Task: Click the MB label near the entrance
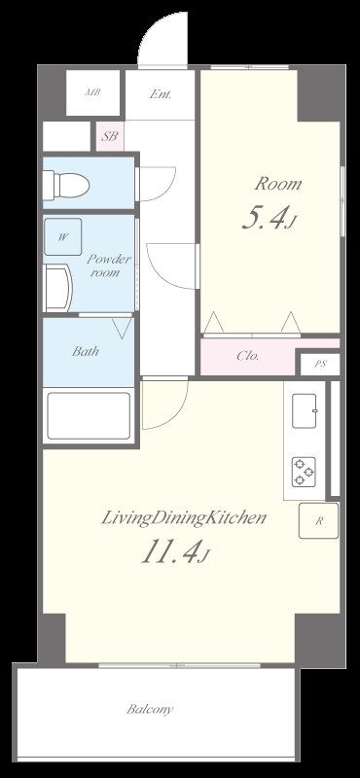[x=92, y=92]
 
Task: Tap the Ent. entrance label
[x=161, y=93]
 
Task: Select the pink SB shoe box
[x=110, y=136]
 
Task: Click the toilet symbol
[x=66, y=185]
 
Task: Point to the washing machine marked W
[x=62, y=236]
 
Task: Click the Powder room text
[x=108, y=265]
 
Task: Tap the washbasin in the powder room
[x=58, y=288]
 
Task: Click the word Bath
[x=86, y=351]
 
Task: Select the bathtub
[x=89, y=416]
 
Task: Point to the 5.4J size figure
[x=269, y=218]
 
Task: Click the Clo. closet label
[x=248, y=356]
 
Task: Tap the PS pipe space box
[x=320, y=364]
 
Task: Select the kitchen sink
[x=305, y=410]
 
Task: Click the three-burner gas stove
[x=304, y=472]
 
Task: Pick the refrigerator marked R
[x=319, y=521]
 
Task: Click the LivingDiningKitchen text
[x=184, y=519]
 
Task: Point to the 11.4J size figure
[x=174, y=552]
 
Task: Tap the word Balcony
[x=150, y=709]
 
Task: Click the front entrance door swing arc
[x=148, y=30]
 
